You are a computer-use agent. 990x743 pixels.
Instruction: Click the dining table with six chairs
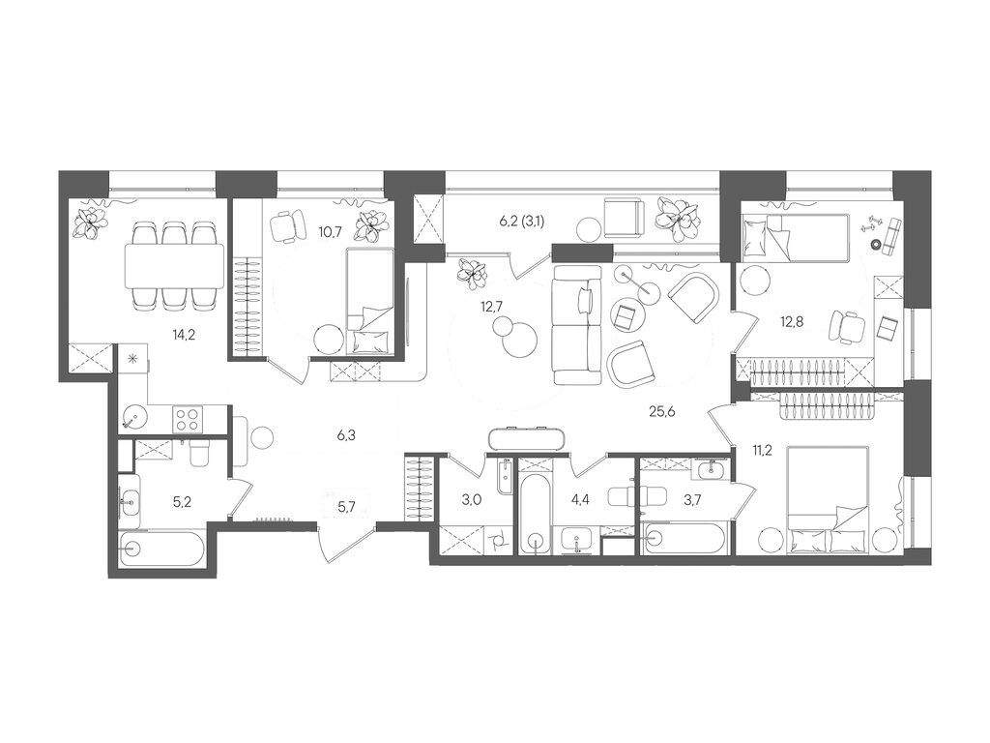(174, 264)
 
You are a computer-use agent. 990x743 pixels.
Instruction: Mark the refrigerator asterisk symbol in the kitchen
(132, 358)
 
